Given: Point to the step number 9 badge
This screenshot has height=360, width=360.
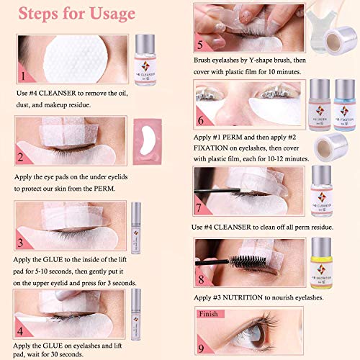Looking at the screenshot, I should (x=202, y=344).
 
